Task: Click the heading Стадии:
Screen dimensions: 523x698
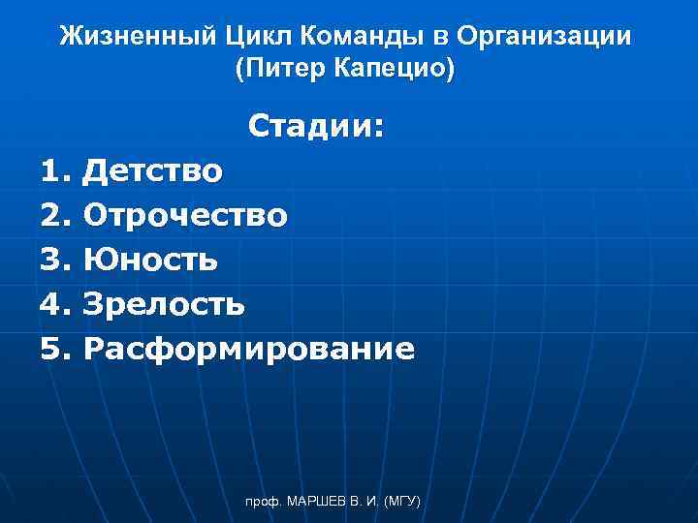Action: (x=316, y=126)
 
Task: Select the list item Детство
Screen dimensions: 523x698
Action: (x=153, y=171)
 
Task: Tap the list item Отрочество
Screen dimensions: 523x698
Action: (x=185, y=215)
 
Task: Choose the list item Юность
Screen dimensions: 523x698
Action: (x=150, y=260)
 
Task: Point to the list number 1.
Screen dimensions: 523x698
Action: (x=54, y=171)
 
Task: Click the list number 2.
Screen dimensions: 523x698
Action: (x=54, y=215)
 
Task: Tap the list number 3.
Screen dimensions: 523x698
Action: (x=54, y=260)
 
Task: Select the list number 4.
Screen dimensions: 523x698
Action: (x=54, y=304)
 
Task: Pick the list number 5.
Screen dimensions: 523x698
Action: (x=54, y=349)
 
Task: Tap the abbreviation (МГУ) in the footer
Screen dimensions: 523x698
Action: (x=401, y=502)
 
